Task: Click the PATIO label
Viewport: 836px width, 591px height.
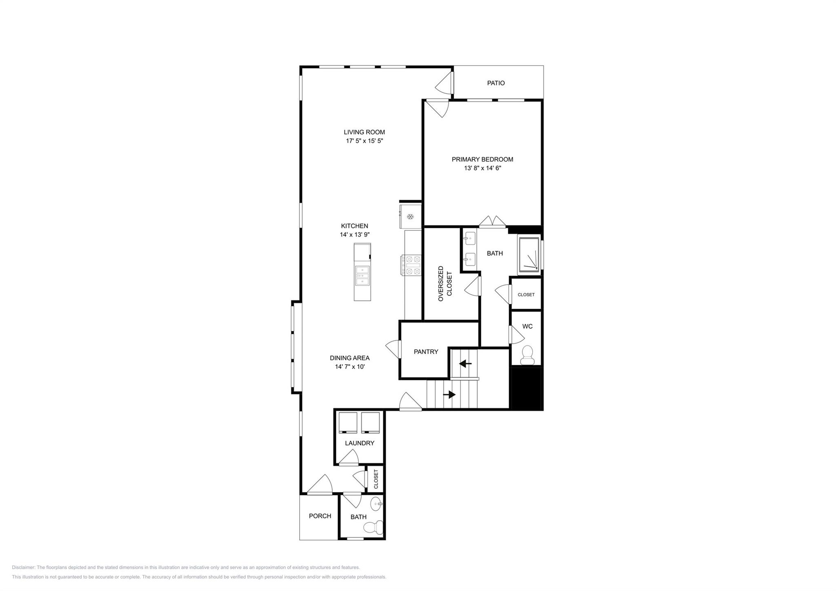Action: click(496, 83)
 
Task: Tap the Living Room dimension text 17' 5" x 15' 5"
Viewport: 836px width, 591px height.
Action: click(364, 141)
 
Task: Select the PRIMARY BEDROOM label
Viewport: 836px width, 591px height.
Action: click(482, 159)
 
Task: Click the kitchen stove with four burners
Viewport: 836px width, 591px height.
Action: click(411, 265)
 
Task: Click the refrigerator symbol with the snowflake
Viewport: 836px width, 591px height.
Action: click(410, 216)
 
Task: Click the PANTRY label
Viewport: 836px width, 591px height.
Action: click(426, 352)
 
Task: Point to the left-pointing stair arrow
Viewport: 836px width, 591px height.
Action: click(465, 364)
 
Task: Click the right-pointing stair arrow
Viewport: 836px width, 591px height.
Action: click(449, 395)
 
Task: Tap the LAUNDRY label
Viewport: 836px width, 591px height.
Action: click(359, 443)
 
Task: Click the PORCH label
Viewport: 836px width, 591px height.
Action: click(320, 516)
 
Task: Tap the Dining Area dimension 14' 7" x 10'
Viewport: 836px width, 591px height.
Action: click(349, 367)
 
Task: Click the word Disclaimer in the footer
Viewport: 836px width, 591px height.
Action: click(24, 567)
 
